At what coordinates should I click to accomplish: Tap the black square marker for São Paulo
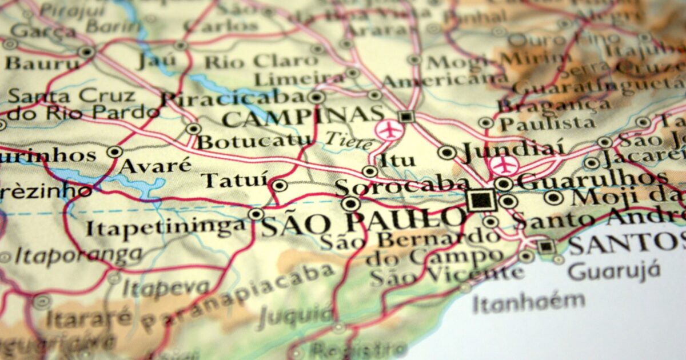[481, 200]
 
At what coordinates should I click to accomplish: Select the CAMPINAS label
[303, 118]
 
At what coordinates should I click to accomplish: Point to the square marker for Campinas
[406, 117]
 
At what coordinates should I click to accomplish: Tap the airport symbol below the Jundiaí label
[504, 165]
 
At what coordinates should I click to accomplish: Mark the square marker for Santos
[546, 246]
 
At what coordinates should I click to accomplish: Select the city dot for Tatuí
[279, 185]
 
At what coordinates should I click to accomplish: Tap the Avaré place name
[155, 166]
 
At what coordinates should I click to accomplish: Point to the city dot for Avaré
[115, 152]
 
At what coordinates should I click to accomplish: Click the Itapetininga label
[166, 227]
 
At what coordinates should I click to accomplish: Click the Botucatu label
[254, 141]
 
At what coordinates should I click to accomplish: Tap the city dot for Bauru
[86, 52]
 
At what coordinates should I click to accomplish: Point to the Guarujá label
[615, 270]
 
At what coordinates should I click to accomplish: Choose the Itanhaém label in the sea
[529, 300]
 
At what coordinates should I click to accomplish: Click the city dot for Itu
[370, 171]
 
